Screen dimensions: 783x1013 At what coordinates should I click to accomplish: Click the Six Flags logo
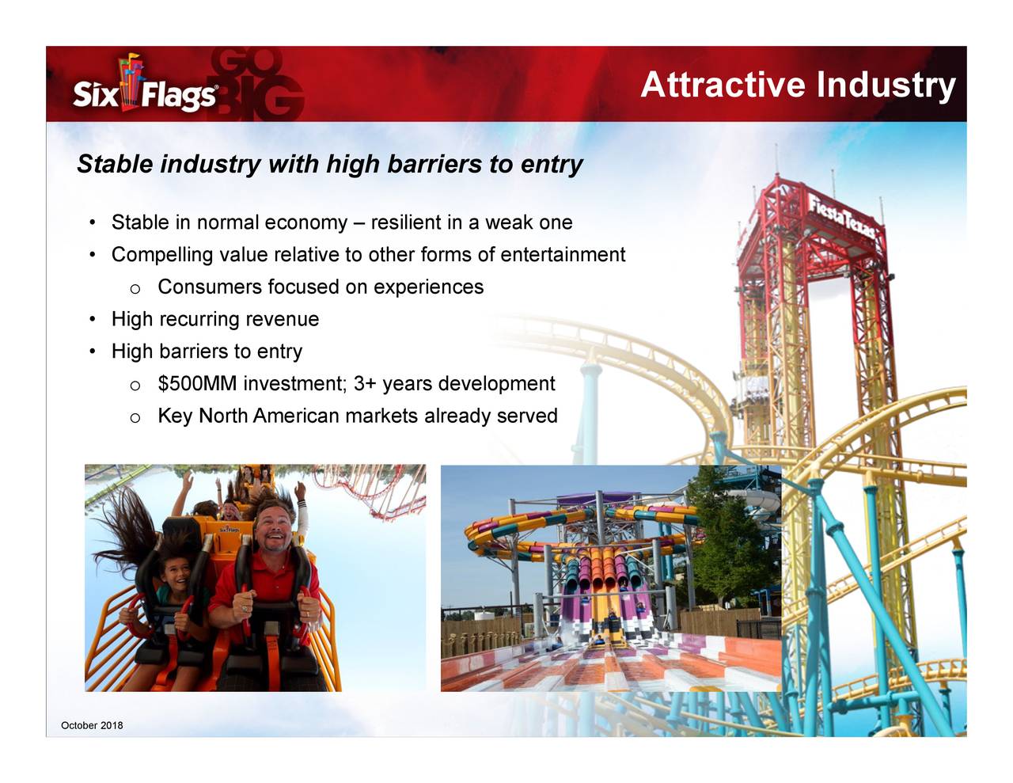pyautogui.click(x=145, y=87)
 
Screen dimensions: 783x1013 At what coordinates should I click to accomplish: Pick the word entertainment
pyautogui.click(x=563, y=255)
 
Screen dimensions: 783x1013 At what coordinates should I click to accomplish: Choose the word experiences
pyautogui.click(x=428, y=287)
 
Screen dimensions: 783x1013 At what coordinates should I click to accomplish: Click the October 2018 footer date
pyautogui.click(x=92, y=726)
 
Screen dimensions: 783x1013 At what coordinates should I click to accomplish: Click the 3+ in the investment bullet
pyautogui.click(x=364, y=384)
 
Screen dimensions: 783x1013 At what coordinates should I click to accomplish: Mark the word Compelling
pyautogui.click(x=162, y=255)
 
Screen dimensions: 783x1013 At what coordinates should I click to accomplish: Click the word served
pyautogui.click(x=527, y=416)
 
